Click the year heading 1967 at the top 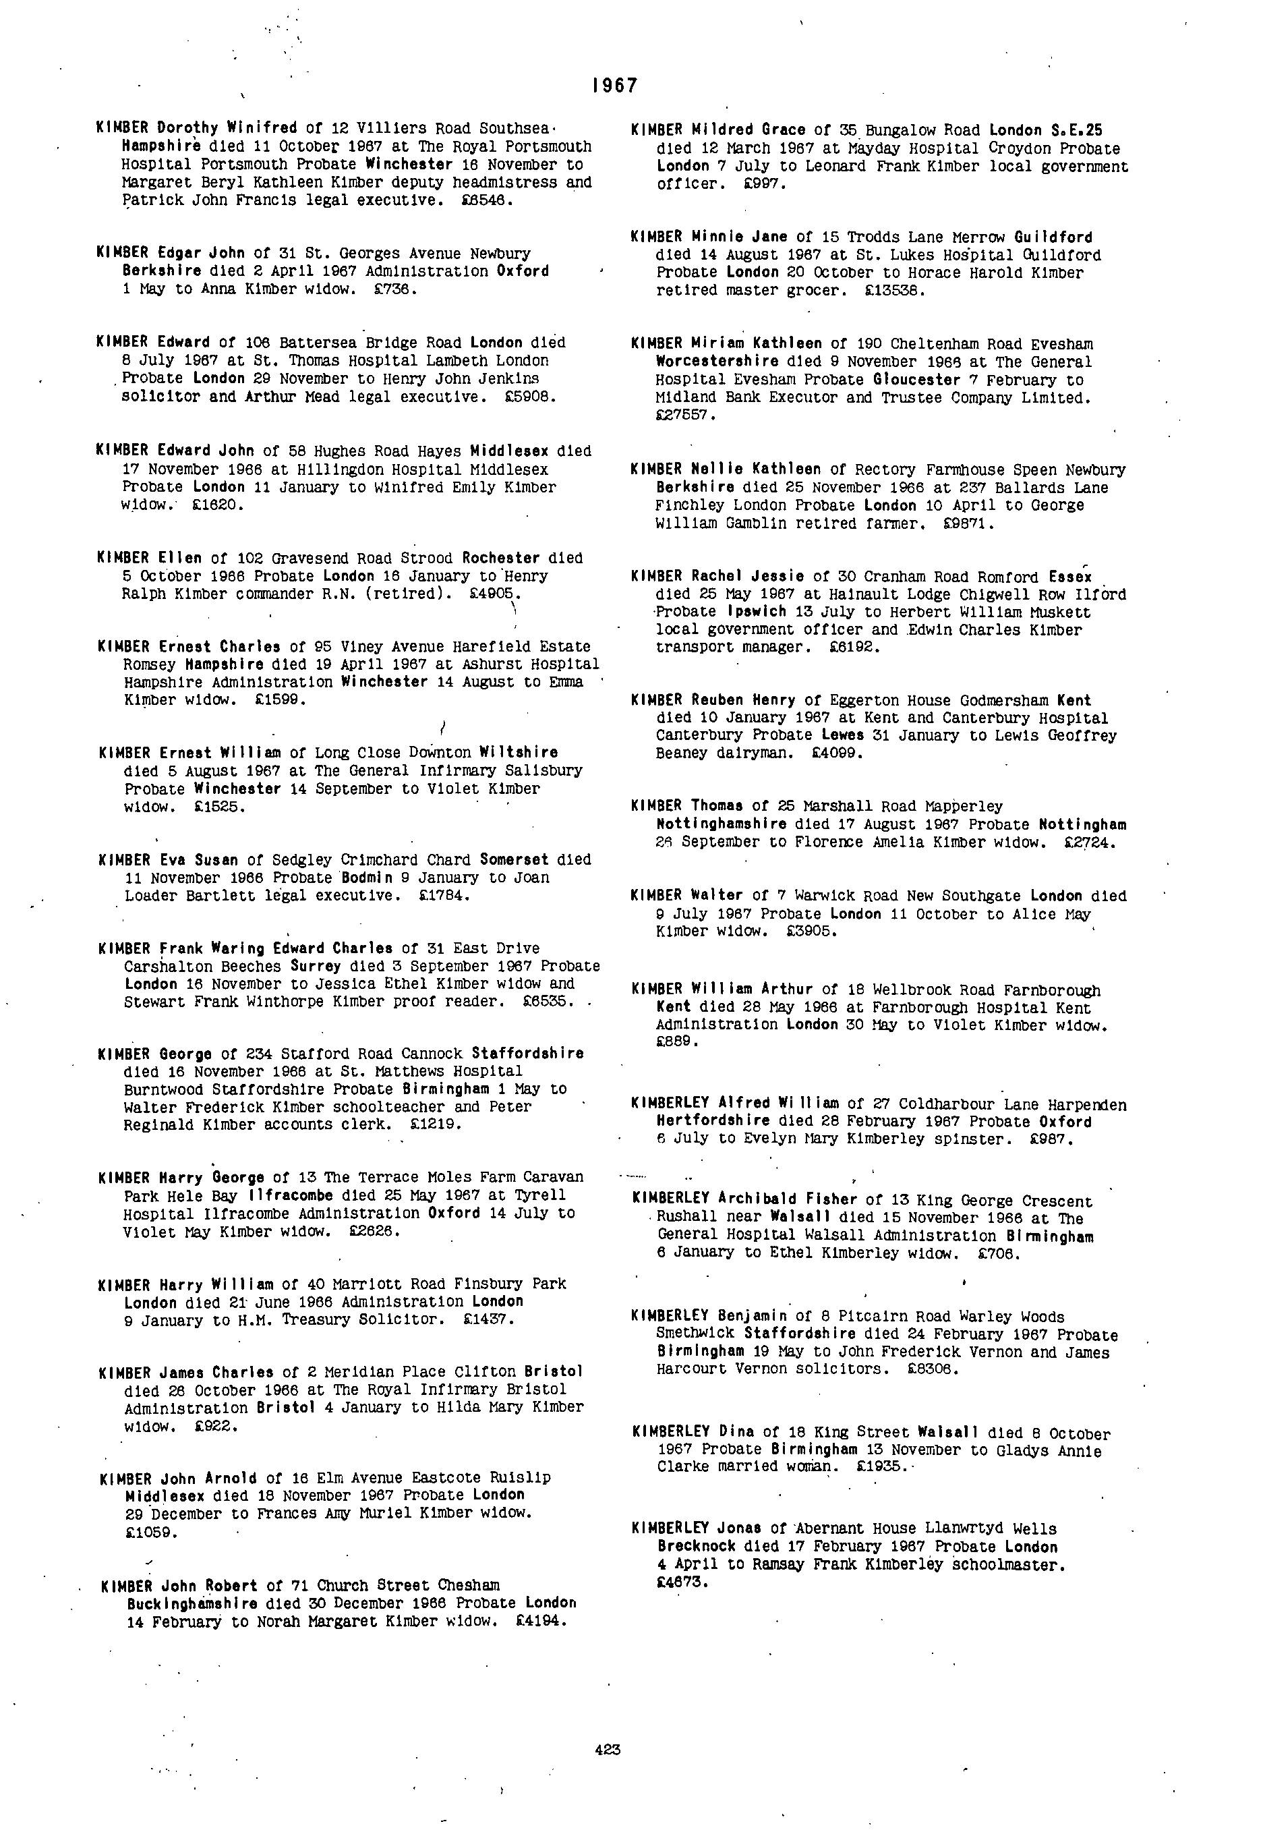(614, 86)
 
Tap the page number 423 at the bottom (607, 1749)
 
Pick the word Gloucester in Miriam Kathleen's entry (916, 380)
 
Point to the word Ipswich (757, 612)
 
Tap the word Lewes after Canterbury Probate (841, 735)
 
